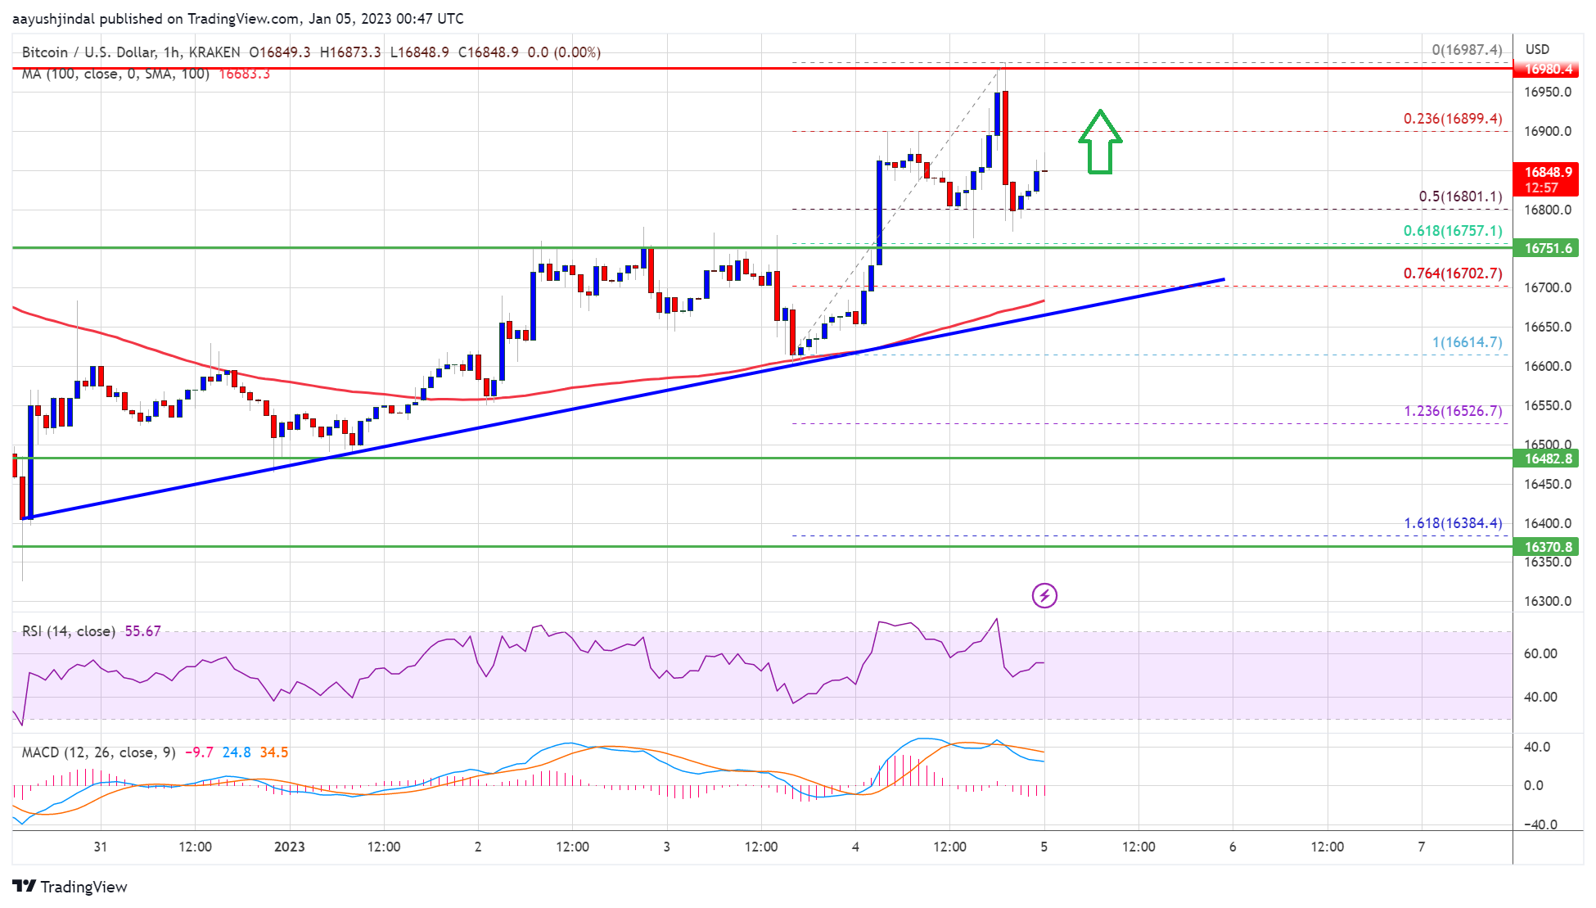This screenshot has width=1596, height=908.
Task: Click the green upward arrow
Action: pos(1099,142)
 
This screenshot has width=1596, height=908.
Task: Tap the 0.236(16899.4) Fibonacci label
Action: pos(1452,119)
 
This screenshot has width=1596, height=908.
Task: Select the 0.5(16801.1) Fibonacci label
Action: pos(1459,197)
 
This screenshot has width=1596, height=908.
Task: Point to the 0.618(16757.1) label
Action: pos(1452,231)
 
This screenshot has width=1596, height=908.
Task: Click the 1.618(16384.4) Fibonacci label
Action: pos(1452,523)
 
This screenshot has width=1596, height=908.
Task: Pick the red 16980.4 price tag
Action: pos(1548,69)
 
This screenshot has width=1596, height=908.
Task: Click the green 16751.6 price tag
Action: pos(1548,248)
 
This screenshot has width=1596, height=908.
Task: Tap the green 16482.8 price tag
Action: pos(1548,459)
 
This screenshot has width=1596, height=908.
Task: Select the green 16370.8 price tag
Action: pos(1548,547)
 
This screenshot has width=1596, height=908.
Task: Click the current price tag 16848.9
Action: pos(1548,172)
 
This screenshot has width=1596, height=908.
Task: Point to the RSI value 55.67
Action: pos(142,631)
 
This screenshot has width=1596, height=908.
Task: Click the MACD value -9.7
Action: pos(199,752)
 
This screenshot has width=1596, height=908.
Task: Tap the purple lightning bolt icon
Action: pos(1044,595)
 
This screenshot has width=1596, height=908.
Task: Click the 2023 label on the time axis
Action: pos(289,847)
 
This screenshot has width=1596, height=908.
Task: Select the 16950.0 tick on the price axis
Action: pos(1547,92)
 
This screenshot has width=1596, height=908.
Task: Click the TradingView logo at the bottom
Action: pos(70,887)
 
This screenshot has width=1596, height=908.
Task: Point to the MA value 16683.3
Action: pos(244,74)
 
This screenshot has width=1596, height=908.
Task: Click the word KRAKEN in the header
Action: pos(214,52)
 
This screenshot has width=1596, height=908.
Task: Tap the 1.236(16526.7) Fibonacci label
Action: pos(1452,411)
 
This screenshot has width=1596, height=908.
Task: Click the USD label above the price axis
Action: pos(1537,49)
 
